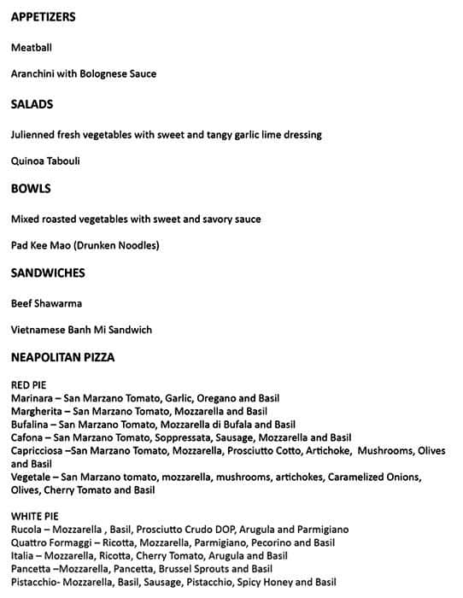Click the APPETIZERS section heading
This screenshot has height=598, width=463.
[43, 17]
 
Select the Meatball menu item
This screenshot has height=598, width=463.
[32, 48]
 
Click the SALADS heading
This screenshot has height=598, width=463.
[32, 104]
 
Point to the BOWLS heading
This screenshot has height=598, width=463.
[31, 189]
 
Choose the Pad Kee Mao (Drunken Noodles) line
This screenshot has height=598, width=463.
[85, 245]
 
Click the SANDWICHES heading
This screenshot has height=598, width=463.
[47, 273]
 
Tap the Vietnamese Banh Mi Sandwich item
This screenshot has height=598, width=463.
[81, 330]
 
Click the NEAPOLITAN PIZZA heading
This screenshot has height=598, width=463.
[62, 358]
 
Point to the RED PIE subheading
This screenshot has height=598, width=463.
[28, 385]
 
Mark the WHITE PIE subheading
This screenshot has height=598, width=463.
[34, 516]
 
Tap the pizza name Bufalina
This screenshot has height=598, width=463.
[31, 425]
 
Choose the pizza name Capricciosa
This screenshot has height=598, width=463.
[38, 450]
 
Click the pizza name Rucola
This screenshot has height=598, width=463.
[27, 530]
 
